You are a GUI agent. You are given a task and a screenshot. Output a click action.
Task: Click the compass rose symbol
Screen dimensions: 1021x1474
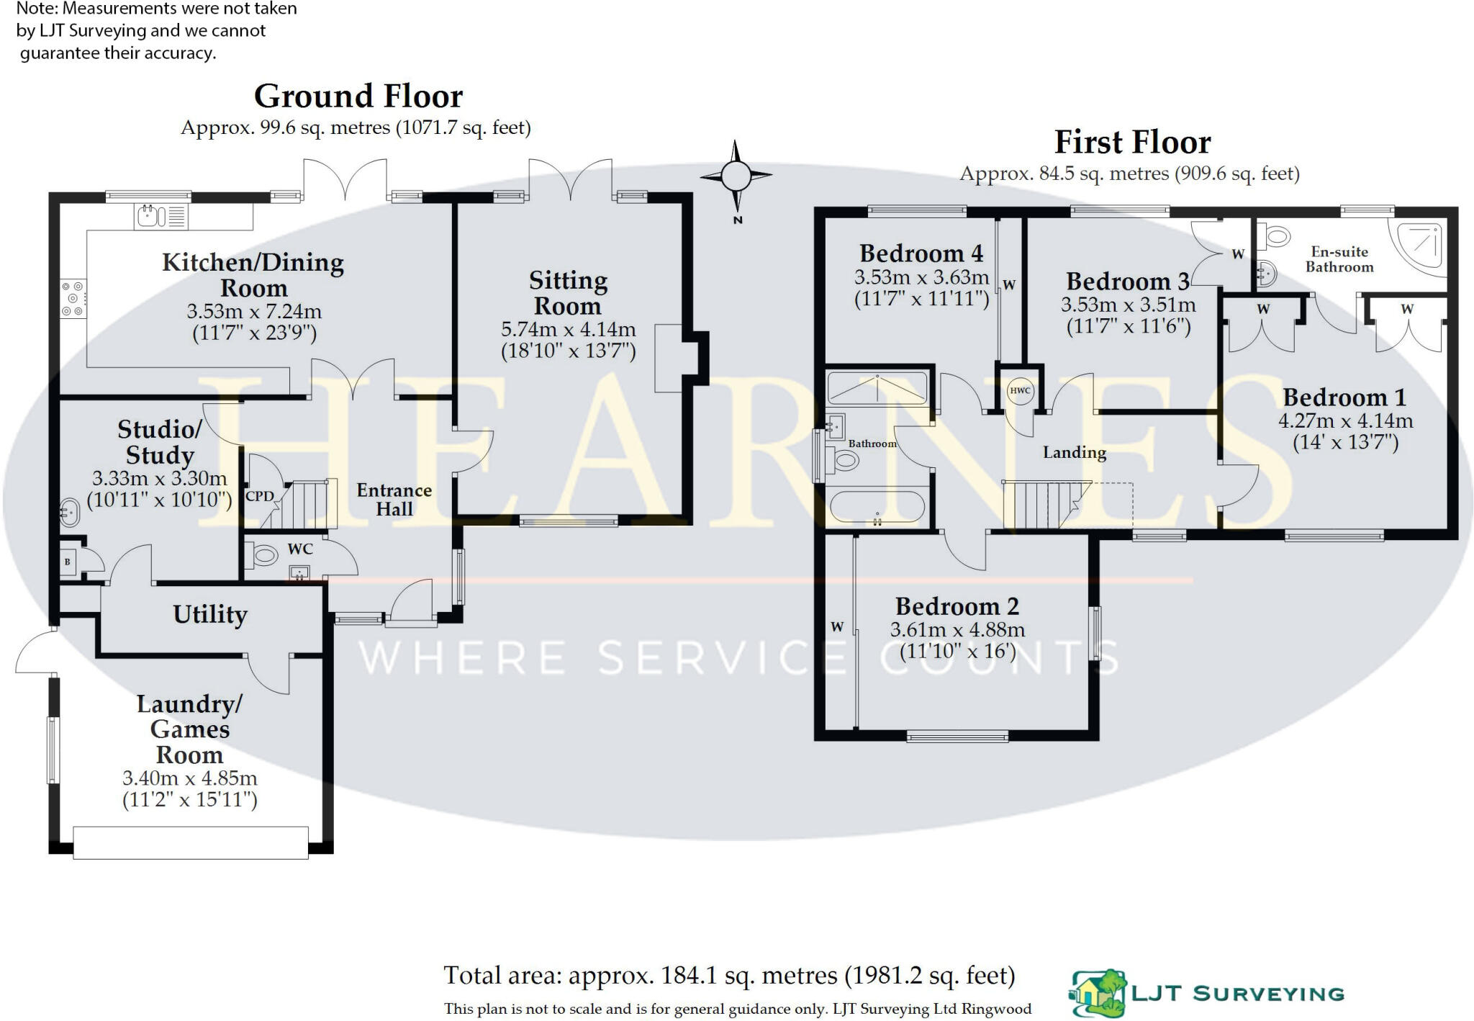tap(736, 175)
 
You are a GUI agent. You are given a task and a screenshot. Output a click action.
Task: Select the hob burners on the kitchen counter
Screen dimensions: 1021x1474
tap(72, 298)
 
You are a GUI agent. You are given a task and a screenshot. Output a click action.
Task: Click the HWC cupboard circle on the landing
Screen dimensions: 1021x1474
tap(1020, 391)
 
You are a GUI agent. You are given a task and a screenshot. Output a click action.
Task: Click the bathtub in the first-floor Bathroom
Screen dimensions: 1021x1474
tap(877, 506)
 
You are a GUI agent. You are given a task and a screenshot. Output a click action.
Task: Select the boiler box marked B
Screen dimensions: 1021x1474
tap(68, 562)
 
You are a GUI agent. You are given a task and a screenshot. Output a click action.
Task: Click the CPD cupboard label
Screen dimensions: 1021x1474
tap(259, 496)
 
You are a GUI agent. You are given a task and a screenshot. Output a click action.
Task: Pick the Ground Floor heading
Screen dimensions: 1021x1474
tap(358, 96)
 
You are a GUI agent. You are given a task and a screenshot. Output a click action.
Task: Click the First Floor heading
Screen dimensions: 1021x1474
tap(1132, 143)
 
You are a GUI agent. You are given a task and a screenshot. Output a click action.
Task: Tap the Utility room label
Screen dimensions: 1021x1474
tap(210, 614)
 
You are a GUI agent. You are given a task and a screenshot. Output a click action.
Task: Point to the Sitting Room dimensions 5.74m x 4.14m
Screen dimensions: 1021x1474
tap(568, 330)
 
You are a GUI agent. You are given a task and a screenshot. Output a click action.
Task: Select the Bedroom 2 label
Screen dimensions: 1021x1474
tap(957, 606)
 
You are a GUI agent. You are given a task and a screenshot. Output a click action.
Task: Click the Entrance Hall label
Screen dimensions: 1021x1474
tap(394, 499)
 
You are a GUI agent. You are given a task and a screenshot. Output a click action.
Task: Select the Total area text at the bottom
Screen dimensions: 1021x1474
tap(729, 976)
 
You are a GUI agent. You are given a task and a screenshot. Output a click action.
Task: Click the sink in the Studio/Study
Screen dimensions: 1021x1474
tap(68, 513)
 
